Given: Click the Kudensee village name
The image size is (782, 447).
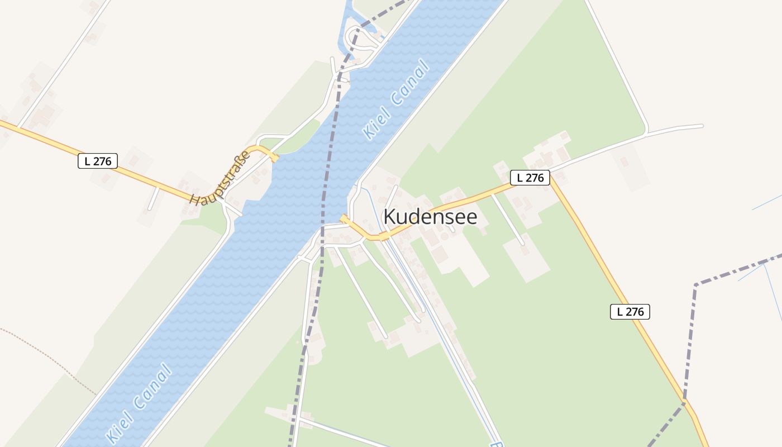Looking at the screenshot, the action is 430,217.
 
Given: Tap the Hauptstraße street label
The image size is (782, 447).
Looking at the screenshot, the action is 221,178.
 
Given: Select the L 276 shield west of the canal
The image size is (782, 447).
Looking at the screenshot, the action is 98,161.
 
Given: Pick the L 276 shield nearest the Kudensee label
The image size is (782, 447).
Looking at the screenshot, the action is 530,178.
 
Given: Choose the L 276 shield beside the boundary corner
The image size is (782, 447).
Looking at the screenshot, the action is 630,312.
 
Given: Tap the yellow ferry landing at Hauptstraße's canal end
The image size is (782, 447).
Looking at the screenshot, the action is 273,157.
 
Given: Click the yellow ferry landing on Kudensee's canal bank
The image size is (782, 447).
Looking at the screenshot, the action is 345,219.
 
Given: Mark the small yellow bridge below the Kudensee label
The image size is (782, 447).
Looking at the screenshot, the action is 384,237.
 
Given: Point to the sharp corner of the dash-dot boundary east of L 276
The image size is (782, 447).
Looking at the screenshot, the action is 696,285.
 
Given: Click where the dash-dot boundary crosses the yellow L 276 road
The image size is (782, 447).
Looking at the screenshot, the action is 684,401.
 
